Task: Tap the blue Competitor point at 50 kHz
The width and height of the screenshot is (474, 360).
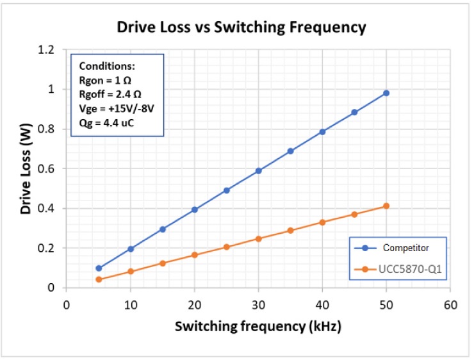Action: pyautogui.click(x=386, y=93)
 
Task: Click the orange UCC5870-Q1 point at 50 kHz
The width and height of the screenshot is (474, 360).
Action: pyautogui.click(x=386, y=206)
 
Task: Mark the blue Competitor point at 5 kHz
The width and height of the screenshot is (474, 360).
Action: pyautogui.click(x=99, y=268)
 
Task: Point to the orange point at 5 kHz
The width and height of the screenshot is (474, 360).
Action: pyautogui.click(x=99, y=279)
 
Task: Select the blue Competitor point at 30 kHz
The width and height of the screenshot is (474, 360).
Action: pyautogui.click(x=258, y=171)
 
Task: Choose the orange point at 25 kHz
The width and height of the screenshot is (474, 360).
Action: pyautogui.click(x=226, y=247)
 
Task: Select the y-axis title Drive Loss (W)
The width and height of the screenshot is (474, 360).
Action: pyautogui.click(x=26, y=168)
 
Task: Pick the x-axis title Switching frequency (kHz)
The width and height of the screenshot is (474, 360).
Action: pyautogui.click(x=258, y=326)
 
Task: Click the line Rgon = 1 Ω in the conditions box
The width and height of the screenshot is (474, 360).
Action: pyautogui.click(x=105, y=79)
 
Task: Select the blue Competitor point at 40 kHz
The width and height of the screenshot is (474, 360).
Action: pyautogui.click(x=322, y=132)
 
